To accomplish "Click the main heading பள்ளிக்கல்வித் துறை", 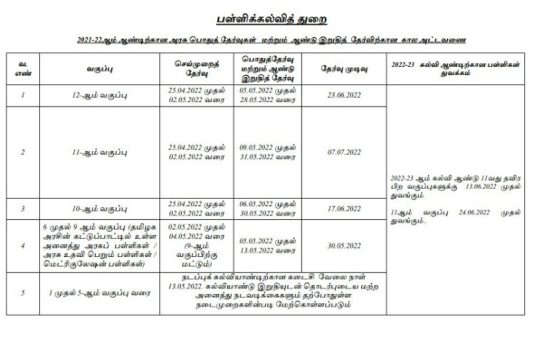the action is click(x=271, y=18).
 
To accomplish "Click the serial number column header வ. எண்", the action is click(x=22, y=68).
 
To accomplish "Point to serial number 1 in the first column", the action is click(x=22, y=93).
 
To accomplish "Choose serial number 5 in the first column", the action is click(x=22, y=293).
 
